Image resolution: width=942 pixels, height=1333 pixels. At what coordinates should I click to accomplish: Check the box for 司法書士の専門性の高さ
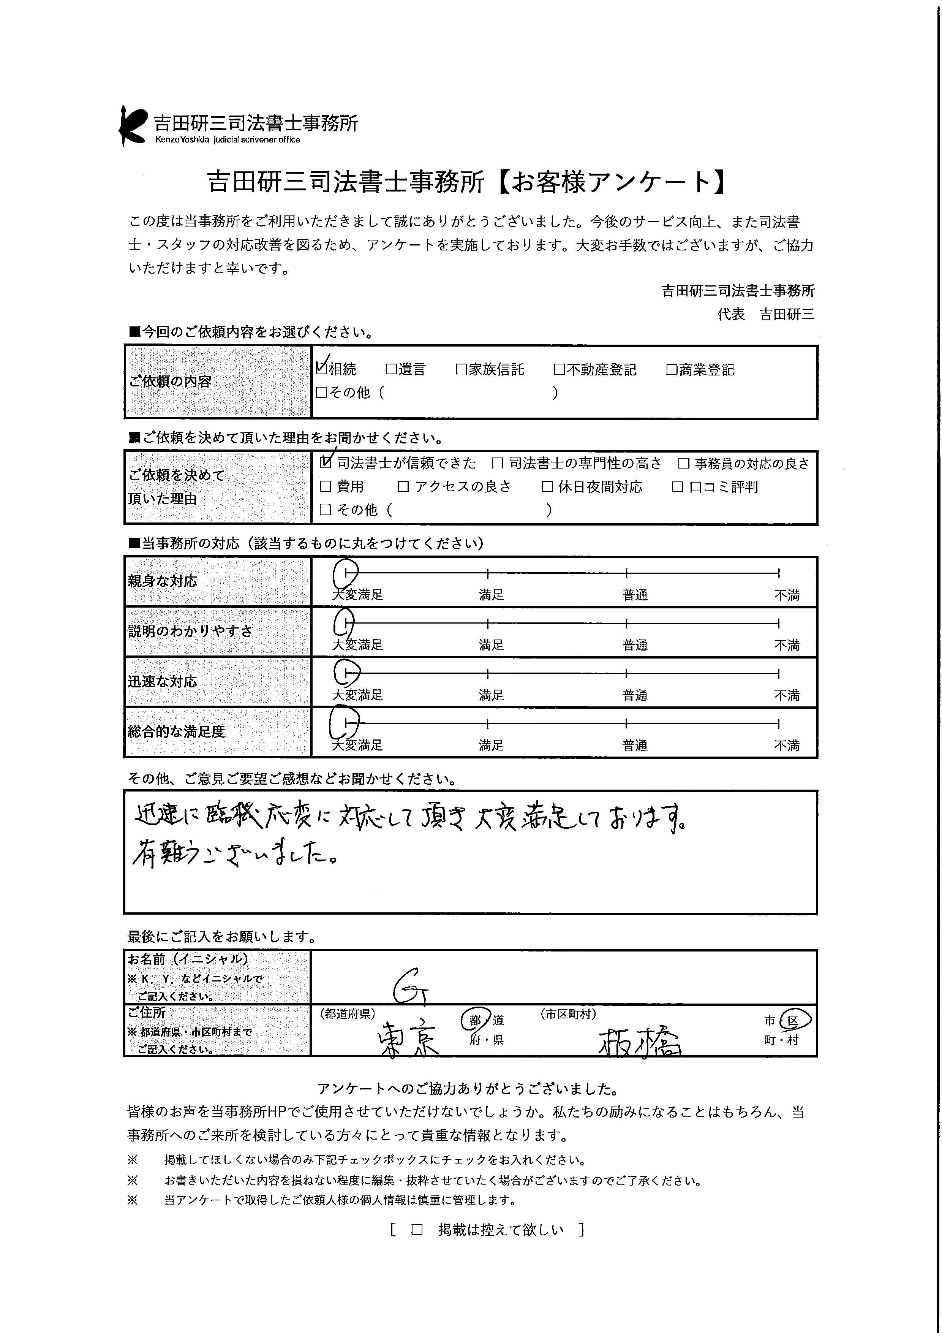497,463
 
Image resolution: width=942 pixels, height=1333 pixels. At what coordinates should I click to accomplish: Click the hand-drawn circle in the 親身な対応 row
346,574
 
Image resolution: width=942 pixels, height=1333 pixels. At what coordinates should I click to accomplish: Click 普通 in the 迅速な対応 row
635,695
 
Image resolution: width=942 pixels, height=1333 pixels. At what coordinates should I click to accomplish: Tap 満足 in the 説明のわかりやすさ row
491,645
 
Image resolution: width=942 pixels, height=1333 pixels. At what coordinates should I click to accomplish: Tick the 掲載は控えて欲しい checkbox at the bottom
417,1229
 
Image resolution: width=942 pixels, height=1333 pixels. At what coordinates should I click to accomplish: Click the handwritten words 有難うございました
235,854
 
